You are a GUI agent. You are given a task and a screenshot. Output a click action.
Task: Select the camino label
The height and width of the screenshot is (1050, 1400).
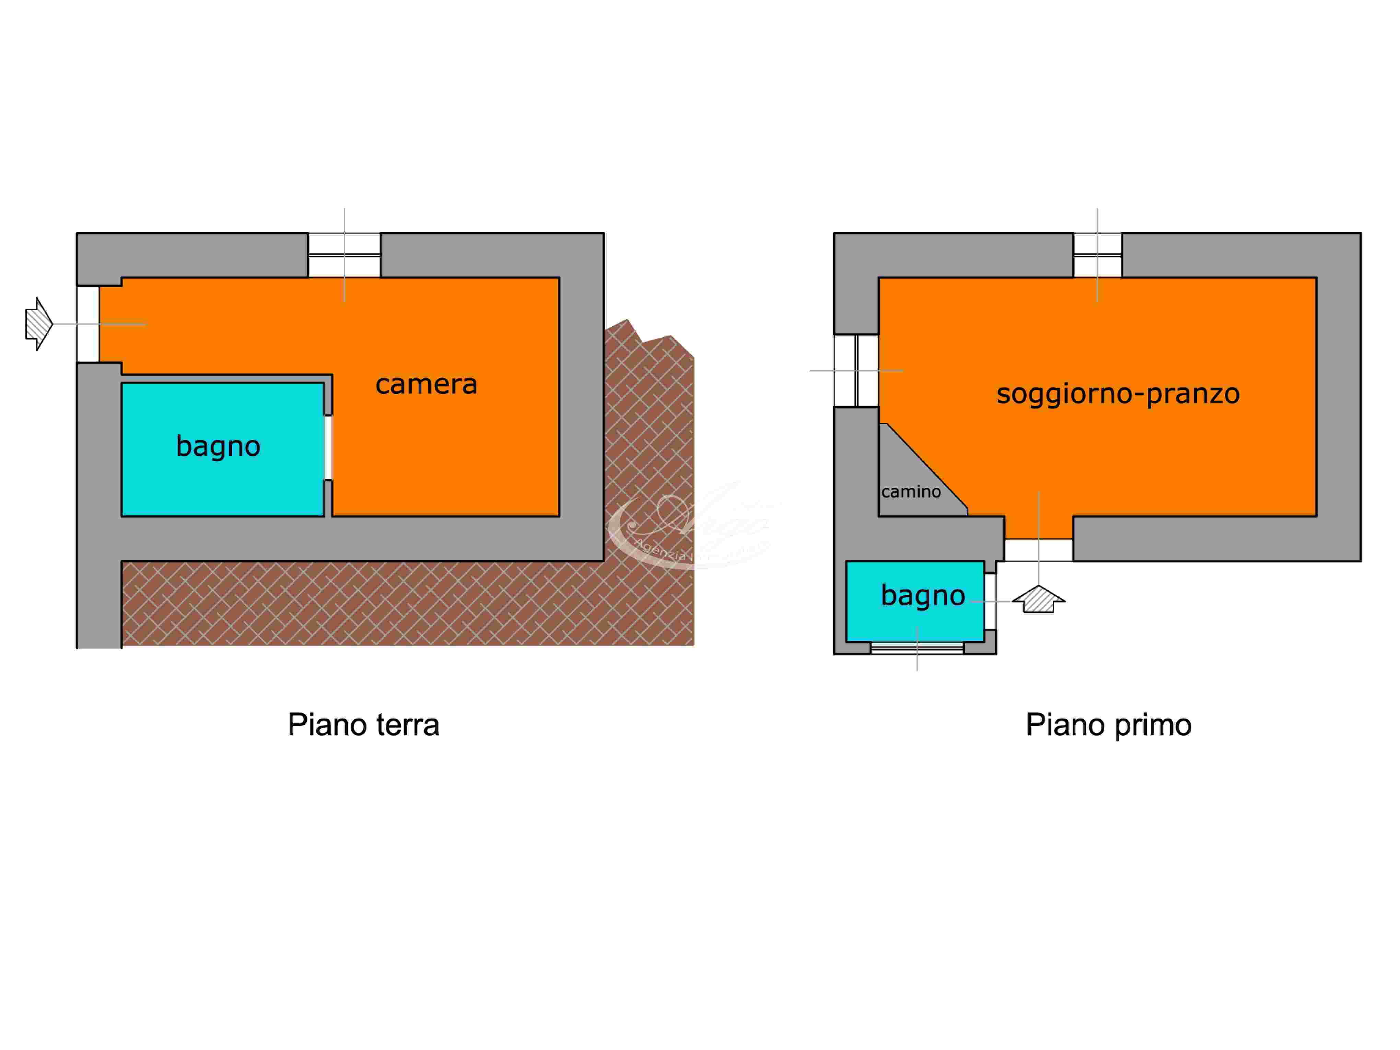(911, 492)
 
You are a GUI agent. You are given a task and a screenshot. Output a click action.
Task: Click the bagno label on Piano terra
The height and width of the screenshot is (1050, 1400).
(218, 446)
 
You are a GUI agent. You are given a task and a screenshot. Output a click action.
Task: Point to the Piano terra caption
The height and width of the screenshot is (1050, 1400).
(363, 725)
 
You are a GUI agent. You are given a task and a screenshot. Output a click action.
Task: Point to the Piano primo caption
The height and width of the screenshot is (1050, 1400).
(1108, 725)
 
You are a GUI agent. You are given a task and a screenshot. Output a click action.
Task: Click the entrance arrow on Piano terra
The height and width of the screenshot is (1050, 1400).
(39, 324)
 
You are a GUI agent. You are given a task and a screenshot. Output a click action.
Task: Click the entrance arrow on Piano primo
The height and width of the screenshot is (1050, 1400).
(1039, 599)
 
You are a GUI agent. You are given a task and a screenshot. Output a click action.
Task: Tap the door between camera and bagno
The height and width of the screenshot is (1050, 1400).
(328, 447)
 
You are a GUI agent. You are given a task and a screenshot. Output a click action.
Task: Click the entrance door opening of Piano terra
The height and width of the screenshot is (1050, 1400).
(88, 324)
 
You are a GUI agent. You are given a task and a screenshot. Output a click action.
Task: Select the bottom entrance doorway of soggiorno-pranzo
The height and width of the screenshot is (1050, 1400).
(1039, 549)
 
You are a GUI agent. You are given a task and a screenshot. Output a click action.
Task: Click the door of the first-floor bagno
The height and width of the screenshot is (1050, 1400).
(990, 601)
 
